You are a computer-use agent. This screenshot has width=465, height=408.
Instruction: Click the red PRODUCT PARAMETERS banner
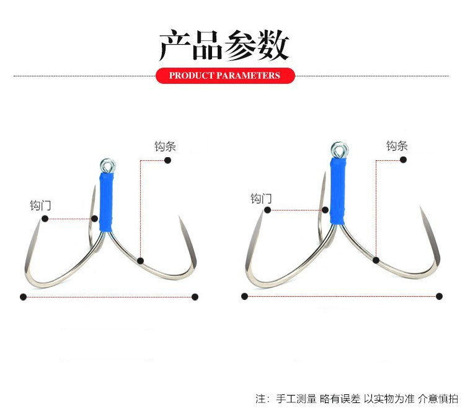tap(225, 75)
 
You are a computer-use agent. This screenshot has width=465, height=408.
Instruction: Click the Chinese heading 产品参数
tap(224, 45)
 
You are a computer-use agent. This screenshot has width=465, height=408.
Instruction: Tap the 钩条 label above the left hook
tap(165, 147)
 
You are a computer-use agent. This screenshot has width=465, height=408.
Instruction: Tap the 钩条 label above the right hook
tap(397, 146)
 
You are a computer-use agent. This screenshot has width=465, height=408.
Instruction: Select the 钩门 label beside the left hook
tap(40, 206)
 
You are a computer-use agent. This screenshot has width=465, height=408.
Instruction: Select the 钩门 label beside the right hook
tap(261, 199)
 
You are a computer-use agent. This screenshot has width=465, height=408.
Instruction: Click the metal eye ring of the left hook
tap(108, 165)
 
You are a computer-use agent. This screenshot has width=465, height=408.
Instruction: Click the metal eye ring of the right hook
tap(340, 150)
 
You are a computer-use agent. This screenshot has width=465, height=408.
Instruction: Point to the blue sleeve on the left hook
tap(106, 202)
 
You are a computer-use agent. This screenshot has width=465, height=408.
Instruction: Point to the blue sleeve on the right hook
tap(338, 191)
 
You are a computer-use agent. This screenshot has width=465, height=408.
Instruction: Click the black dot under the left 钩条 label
tap(167, 160)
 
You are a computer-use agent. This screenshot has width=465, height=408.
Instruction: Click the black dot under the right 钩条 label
tap(403, 160)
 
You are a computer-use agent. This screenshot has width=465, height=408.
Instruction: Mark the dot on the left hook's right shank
tap(140, 261)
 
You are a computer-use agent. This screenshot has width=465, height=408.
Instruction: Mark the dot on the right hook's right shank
tap(376, 260)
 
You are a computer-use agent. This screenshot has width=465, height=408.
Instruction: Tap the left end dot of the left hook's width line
tap(23, 297)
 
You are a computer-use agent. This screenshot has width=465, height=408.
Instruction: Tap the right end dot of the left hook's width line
tap(195, 297)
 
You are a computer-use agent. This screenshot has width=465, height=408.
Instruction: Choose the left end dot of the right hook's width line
tap(244, 296)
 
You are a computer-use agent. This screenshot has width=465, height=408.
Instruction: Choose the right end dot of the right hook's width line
tap(439, 296)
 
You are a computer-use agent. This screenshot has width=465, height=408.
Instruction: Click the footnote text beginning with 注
tap(356, 399)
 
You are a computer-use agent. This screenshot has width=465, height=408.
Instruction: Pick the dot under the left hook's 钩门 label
tap(45, 219)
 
